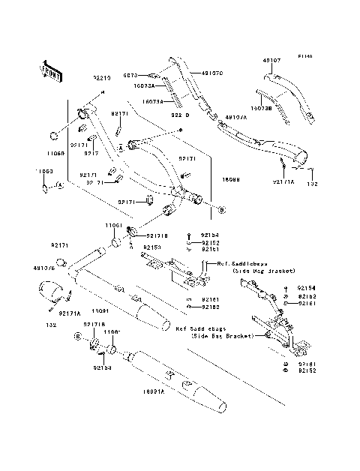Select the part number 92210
pyautogui.click(x=102, y=77)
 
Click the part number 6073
pyautogui.click(x=151, y=75)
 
